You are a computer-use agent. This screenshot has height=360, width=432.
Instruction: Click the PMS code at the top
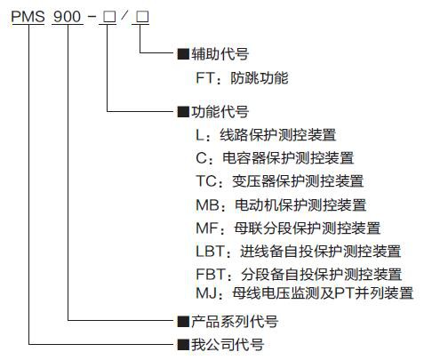pos(28,16)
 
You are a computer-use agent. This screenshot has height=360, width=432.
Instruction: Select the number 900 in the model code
pos(67,16)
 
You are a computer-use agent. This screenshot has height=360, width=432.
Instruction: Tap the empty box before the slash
pos(109,17)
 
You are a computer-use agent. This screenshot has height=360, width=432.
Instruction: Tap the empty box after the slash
pos(142,17)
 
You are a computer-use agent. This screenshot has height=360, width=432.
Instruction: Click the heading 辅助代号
pos(220,54)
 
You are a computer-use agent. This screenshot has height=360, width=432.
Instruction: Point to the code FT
pos(204,78)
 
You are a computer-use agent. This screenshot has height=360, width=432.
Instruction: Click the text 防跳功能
pos(260,78)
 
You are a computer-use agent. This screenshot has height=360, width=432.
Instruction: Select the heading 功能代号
pos(220,112)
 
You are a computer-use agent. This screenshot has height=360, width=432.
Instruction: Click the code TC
pos(206,181)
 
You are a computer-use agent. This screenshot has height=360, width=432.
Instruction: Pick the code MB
pos(207,205)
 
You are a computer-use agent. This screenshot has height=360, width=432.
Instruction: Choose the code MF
pos(207,228)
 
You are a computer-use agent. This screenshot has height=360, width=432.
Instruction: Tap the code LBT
pos(210,252)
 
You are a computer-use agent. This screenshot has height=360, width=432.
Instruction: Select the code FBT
pos(211,274)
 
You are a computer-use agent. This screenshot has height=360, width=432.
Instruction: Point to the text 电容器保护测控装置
pos(288,158)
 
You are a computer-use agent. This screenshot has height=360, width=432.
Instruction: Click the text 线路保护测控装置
pos(278,135)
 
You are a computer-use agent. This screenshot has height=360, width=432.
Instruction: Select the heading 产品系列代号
pos(235,322)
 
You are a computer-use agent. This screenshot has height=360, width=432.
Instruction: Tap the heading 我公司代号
pos(228,345)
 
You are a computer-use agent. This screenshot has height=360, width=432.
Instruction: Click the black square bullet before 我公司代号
pos(183,345)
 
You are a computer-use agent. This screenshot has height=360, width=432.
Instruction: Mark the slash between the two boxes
pos(124,16)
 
